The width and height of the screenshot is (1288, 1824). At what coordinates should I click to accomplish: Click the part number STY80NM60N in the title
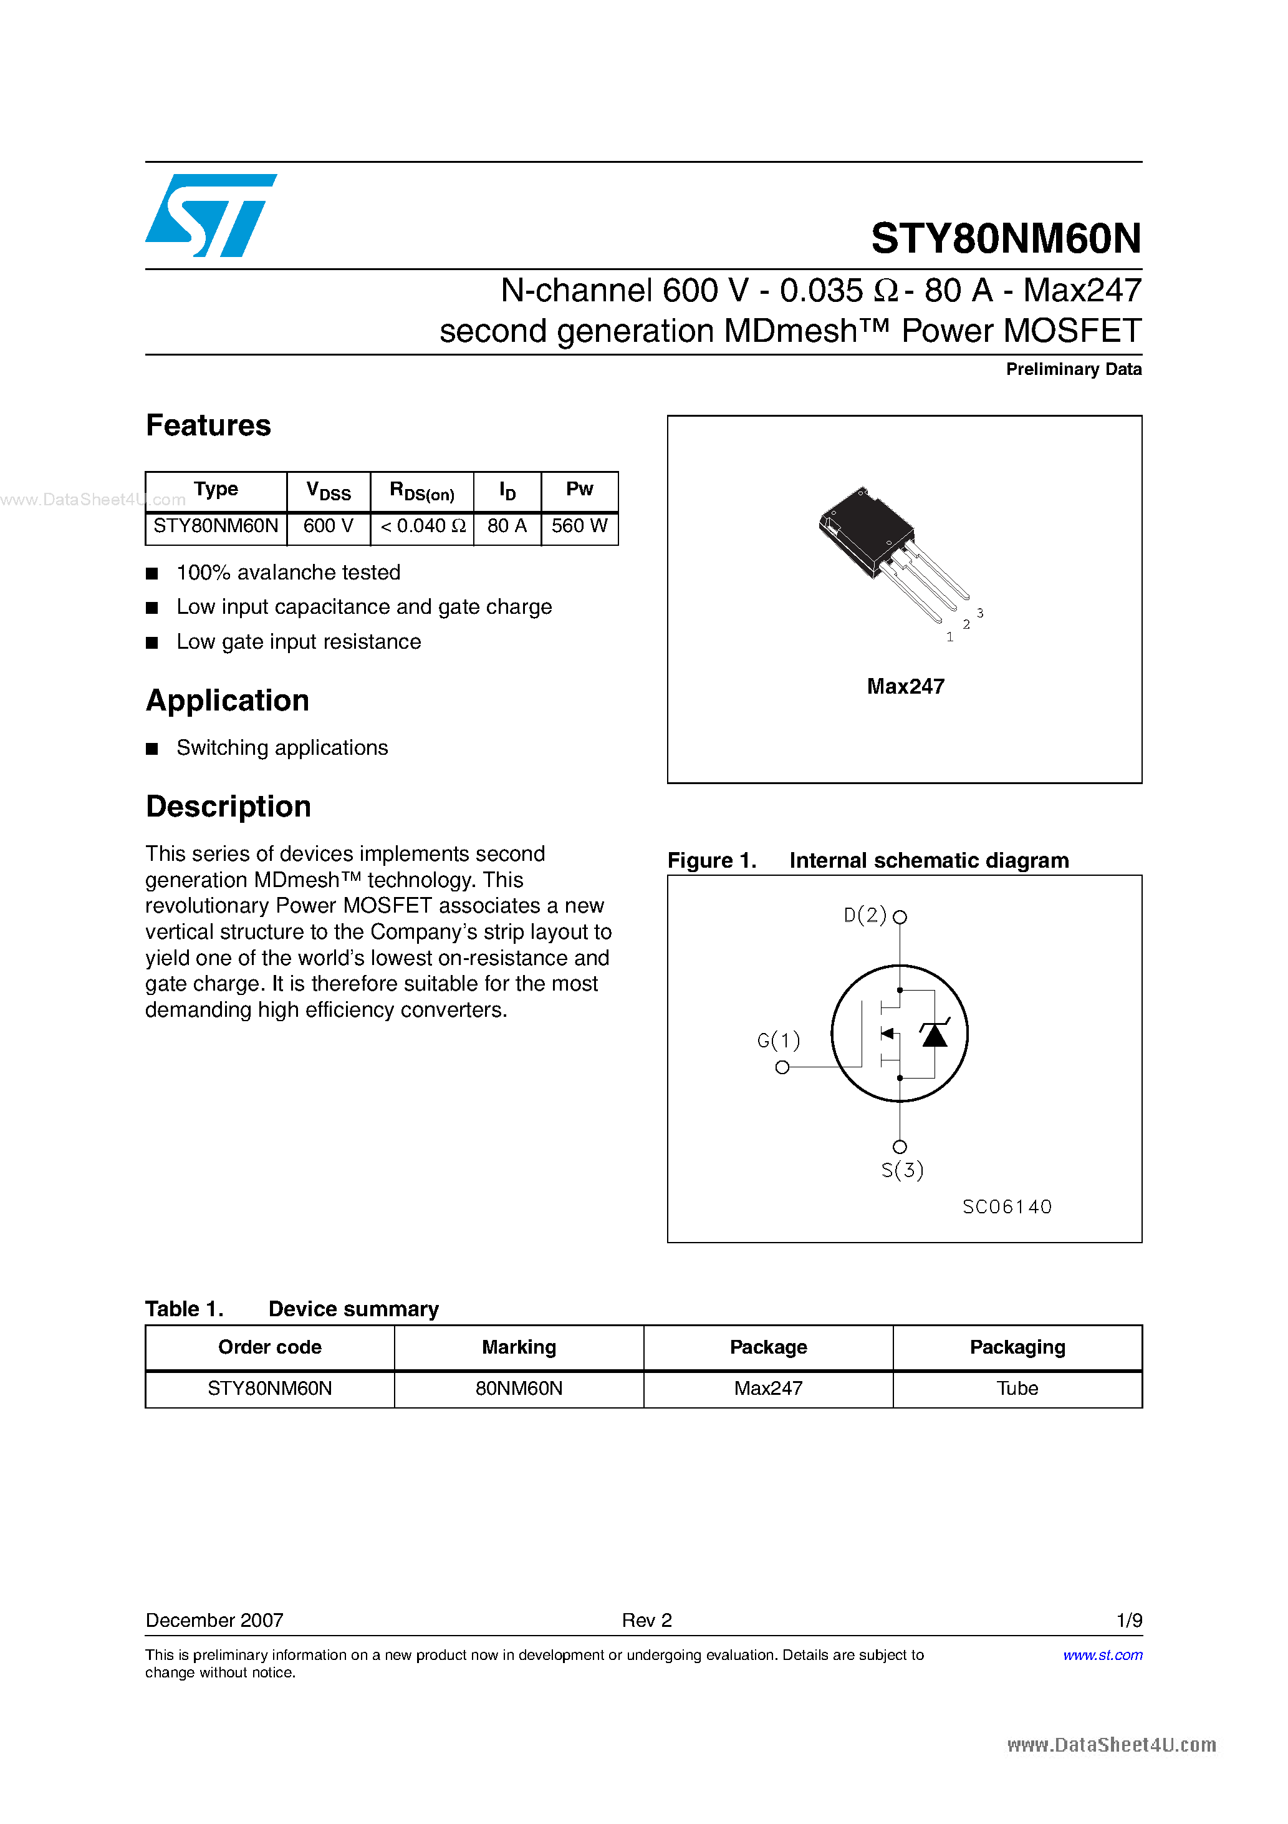click(1006, 238)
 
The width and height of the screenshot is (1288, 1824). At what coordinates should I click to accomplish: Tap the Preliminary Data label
click(1073, 369)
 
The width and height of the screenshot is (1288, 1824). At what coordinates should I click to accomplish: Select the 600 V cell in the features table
click(328, 526)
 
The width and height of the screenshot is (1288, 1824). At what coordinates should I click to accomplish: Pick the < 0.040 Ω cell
click(421, 526)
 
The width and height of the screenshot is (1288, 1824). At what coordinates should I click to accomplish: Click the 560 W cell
click(579, 526)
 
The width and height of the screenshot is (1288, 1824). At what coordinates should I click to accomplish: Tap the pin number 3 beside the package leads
click(980, 613)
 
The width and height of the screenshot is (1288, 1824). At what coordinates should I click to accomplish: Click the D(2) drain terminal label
click(864, 916)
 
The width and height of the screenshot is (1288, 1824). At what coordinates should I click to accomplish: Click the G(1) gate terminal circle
click(782, 1067)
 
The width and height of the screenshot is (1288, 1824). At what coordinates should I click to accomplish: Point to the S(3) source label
click(902, 1170)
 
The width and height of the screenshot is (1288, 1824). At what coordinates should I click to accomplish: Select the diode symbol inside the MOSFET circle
click(935, 1034)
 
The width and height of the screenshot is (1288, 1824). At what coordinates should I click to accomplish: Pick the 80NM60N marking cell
click(519, 1389)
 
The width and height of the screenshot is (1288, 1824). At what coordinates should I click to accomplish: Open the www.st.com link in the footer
click(1102, 1655)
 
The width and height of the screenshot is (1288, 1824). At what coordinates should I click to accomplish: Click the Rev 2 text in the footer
click(646, 1621)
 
